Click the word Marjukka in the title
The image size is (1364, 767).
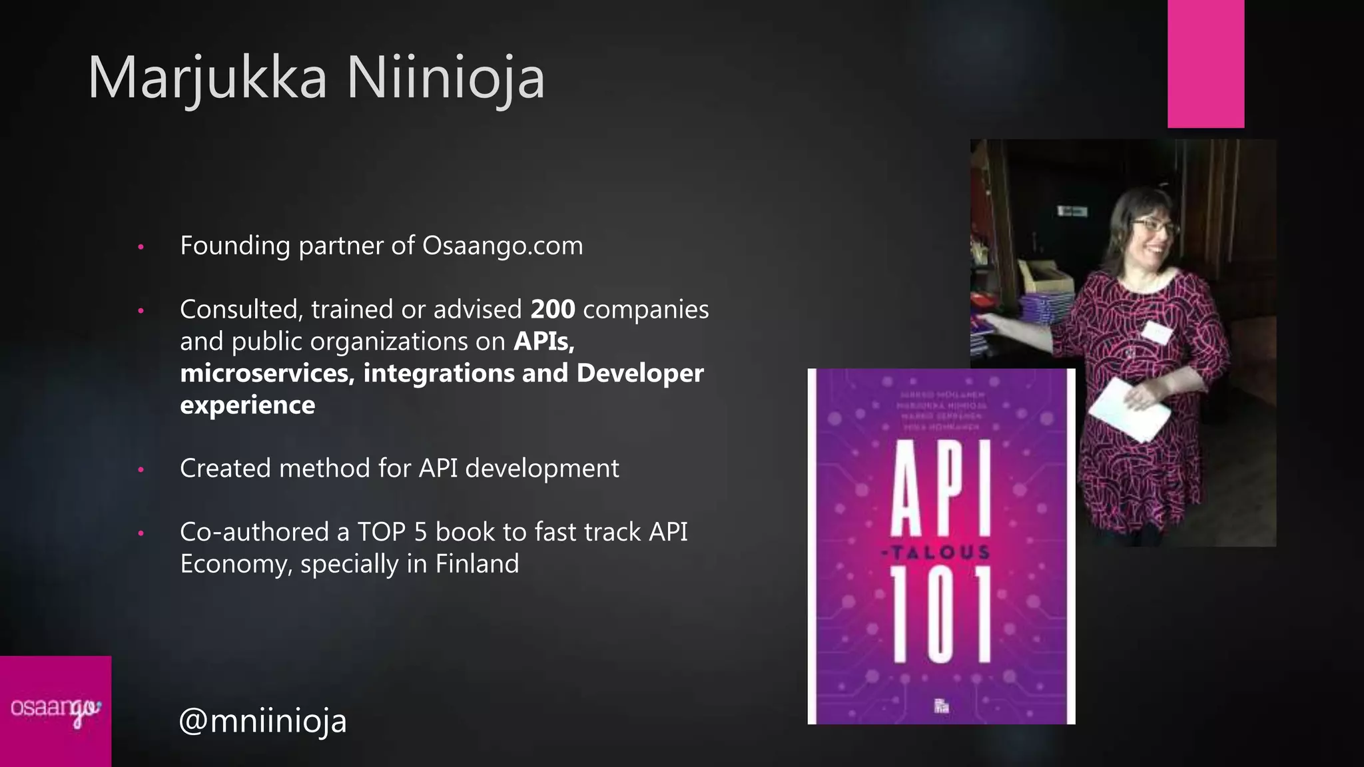coord(207,78)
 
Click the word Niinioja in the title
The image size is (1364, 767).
coord(445,78)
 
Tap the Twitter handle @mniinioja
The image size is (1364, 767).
coord(263,720)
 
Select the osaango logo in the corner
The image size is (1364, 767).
coord(55,711)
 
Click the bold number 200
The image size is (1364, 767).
coord(553,310)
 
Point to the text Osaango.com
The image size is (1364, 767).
coord(502,246)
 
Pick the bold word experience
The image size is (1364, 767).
coord(247,405)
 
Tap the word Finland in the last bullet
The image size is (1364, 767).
coord(477,564)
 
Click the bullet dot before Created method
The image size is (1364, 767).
coord(141,469)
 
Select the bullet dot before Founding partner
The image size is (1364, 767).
coord(141,247)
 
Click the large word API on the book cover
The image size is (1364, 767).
coord(941,487)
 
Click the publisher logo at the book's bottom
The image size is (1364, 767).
coord(941,706)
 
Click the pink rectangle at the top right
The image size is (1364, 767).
coord(1205,64)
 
